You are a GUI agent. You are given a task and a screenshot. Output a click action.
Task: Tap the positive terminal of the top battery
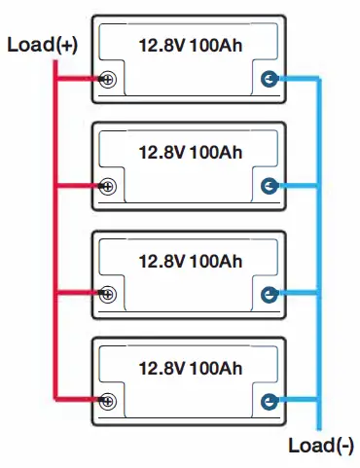pos(107,81)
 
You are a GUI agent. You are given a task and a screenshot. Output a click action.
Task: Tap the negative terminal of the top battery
pos(270,80)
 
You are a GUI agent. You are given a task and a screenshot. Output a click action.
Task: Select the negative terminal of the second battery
pos(270,185)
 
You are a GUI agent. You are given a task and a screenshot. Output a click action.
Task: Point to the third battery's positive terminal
pos(107,292)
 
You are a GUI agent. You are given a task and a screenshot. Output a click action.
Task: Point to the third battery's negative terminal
pos(270,291)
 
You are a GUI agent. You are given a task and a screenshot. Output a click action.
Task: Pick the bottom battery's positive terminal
pos(107,398)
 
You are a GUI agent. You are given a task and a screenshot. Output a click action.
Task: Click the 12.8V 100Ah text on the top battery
pos(191,45)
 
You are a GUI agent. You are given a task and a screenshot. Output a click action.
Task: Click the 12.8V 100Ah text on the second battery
pos(191,152)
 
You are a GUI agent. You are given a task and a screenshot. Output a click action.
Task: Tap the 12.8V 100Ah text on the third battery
pos(191,260)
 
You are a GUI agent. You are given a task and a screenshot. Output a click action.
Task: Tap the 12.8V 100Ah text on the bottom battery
pos(191,367)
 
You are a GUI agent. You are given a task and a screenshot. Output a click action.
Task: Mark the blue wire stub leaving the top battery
pos(297,80)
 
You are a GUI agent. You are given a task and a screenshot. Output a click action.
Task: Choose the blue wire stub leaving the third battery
pos(297,291)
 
